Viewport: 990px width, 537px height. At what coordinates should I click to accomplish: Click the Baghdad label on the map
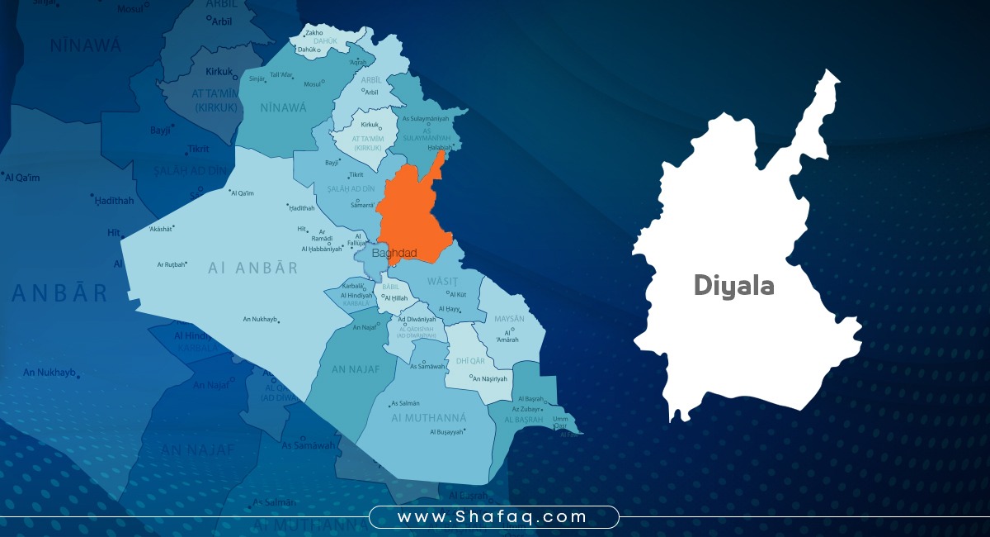pyautogui.click(x=394, y=253)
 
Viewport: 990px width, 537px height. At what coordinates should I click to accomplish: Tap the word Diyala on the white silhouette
pyautogui.click(x=733, y=286)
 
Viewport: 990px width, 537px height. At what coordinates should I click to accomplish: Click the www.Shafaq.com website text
pyautogui.click(x=493, y=517)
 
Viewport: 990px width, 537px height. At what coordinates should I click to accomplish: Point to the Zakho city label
pyautogui.click(x=313, y=33)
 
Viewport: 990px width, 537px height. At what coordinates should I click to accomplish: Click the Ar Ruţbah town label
pyautogui.click(x=172, y=264)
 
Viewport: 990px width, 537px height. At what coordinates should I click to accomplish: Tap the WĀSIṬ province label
pyautogui.click(x=441, y=281)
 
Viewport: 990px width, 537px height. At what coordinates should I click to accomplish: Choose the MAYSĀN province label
pyautogui.click(x=509, y=318)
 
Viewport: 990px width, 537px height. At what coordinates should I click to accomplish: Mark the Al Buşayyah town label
pyautogui.click(x=446, y=431)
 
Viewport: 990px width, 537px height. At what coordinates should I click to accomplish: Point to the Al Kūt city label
pyautogui.click(x=458, y=293)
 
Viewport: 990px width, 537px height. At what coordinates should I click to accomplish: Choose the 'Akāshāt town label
pyautogui.click(x=162, y=228)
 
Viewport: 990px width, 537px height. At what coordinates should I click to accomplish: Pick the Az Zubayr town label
pyautogui.click(x=526, y=409)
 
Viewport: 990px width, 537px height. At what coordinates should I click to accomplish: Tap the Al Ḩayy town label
pyautogui.click(x=450, y=309)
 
